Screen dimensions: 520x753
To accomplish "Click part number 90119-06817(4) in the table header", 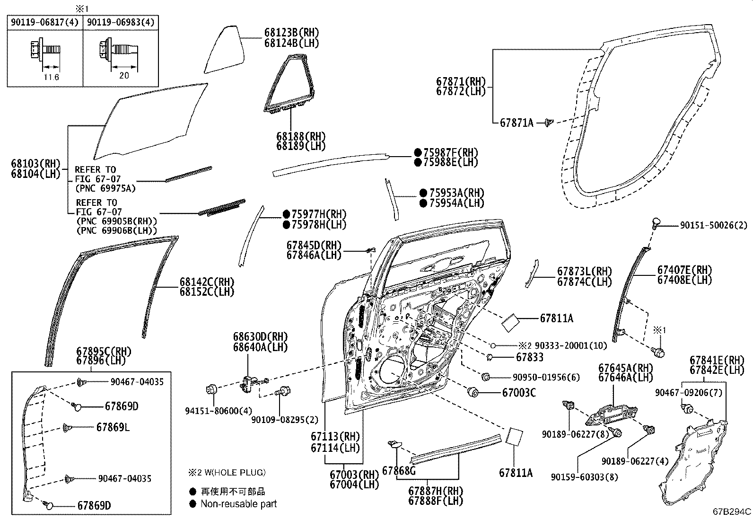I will pos(45,22).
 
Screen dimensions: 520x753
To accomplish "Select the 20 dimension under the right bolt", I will pos(124,75).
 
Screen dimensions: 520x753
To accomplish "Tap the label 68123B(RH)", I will pos(291,33).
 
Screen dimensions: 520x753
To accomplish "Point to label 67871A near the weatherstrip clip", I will pos(516,123).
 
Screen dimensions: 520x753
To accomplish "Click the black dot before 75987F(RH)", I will pos(418,152).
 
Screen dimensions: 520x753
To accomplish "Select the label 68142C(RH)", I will pos(207,282).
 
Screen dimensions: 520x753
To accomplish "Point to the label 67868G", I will pos(399,470).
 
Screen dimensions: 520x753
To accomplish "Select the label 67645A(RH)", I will pos(625,368).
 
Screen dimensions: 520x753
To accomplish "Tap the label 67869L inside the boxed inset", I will pos(113,427).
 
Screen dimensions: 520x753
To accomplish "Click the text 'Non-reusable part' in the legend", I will pos(238,504).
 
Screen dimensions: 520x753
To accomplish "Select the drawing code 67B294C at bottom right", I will pos(732,511).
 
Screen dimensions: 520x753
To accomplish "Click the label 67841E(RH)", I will pos(717,360).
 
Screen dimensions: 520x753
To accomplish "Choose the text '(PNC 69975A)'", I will pos(105,188).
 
